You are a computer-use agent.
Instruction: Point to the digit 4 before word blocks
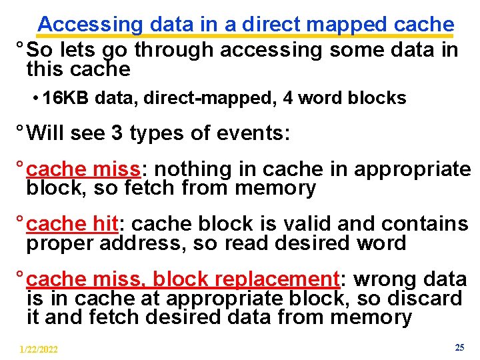click(x=287, y=98)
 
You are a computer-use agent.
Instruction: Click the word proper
click(x=61, y=243)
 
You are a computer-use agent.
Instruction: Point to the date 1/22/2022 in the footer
click(x=39, y=349)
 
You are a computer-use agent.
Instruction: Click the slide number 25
click(x=459, y=347)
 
